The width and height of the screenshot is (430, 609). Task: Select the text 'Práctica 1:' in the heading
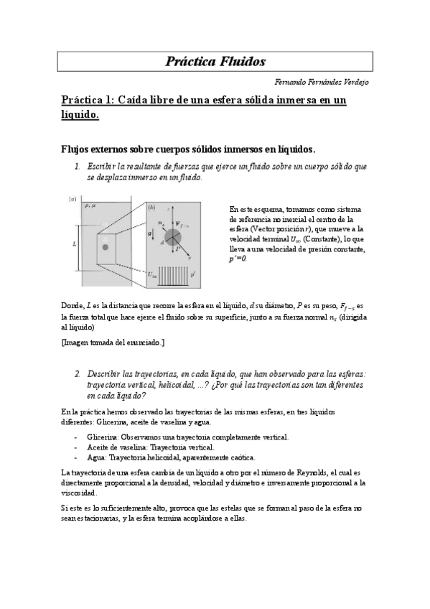click(x=88, y=101)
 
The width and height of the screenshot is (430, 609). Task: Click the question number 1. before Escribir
click(x=78, y=166)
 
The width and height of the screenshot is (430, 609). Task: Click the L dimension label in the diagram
click(x=74, y=244)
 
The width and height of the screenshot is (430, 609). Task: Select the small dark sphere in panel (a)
click(x=105, y=248)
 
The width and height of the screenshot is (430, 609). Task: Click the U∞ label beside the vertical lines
click(x=152, y=274)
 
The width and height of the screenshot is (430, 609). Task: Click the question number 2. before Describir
click(x=78, y=374)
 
